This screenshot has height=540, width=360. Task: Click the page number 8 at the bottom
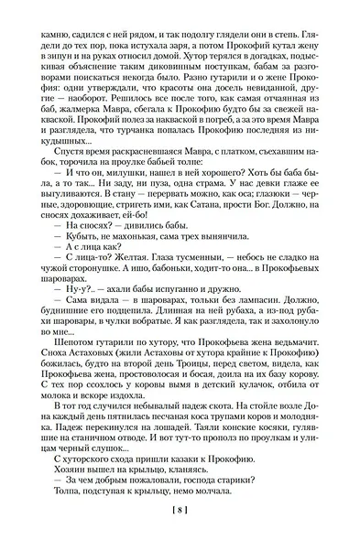(x=180, y=512)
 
